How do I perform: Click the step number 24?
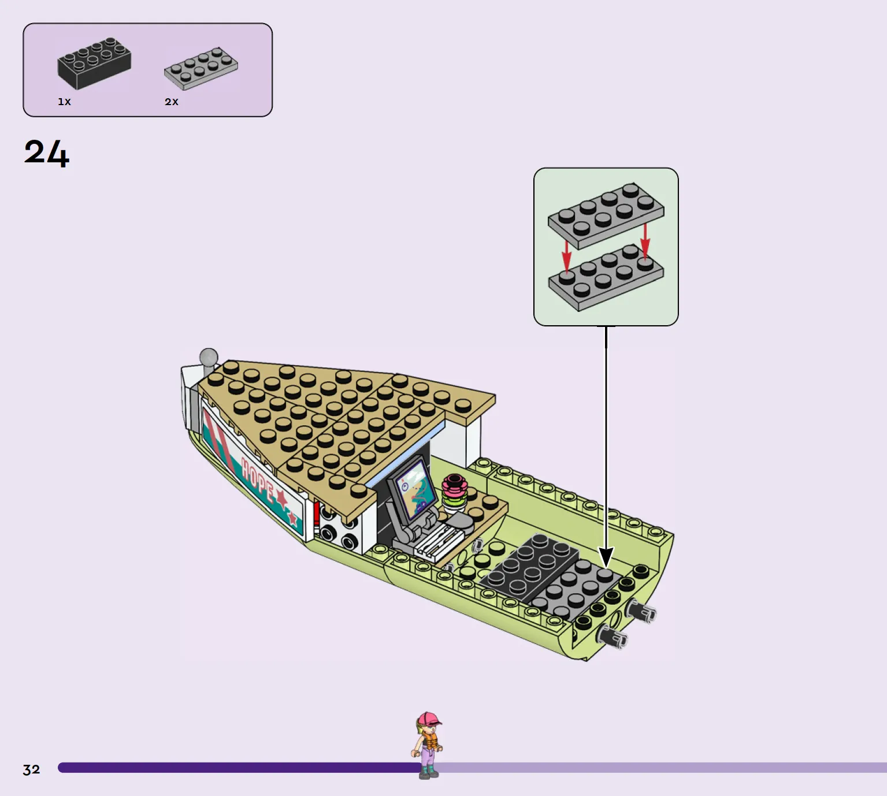coord(46,152)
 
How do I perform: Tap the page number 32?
coord(32,769)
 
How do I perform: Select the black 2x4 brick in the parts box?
coord(94,64)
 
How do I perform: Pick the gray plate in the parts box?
coord(201,68)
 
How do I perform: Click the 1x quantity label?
coord(64,102)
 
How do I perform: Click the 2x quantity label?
coord(172,102)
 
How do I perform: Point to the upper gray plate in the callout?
coord(606,215)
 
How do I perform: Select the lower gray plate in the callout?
coord(606,278)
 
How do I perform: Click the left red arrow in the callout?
coord(567,255)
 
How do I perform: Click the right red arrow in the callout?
coord(645,240)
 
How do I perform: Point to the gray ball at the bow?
coord(209,357)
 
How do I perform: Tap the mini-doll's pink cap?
coord(429,719)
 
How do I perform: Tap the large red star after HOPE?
coord(281,499)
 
